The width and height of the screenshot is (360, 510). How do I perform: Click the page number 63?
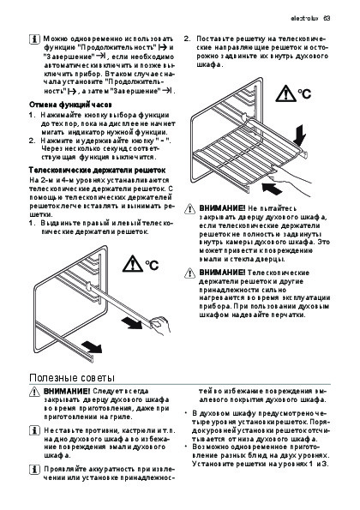[x=327, y=18]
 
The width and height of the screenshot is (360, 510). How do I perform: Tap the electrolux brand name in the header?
[x=305, y=18]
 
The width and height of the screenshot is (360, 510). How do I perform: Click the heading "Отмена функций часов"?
[x=70, y=105]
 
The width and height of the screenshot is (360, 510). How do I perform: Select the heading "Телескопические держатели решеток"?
[x=97, y=170]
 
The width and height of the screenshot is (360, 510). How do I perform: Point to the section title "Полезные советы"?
[x=72, y=378]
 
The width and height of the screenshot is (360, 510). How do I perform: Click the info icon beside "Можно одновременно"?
[x=34, y=39]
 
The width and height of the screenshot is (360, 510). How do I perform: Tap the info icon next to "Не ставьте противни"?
[x=34, y=430]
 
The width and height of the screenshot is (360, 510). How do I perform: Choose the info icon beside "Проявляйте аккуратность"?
[x=34, y=470]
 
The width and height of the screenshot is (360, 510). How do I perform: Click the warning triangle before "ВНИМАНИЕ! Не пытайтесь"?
[x=189, y=209]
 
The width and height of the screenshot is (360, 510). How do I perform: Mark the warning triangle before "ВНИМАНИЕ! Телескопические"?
[x=189, y=273]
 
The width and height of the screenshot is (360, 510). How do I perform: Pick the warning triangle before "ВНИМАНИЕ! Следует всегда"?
[x=34, y=392]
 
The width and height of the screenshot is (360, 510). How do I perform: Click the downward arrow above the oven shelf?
[x=299, y=135]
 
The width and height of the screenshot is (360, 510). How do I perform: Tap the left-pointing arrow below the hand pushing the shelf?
[x=272, y=189]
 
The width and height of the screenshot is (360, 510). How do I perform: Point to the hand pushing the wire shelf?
[x=291, y=179]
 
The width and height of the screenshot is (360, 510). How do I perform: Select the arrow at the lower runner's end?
[x=92, y=347]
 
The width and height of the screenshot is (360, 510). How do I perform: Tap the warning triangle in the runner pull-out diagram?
[x=132, y=263]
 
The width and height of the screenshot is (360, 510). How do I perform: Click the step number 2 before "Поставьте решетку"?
[x=187, y=39]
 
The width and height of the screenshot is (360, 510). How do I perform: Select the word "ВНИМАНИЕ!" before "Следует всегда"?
[x=66, y=391]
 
